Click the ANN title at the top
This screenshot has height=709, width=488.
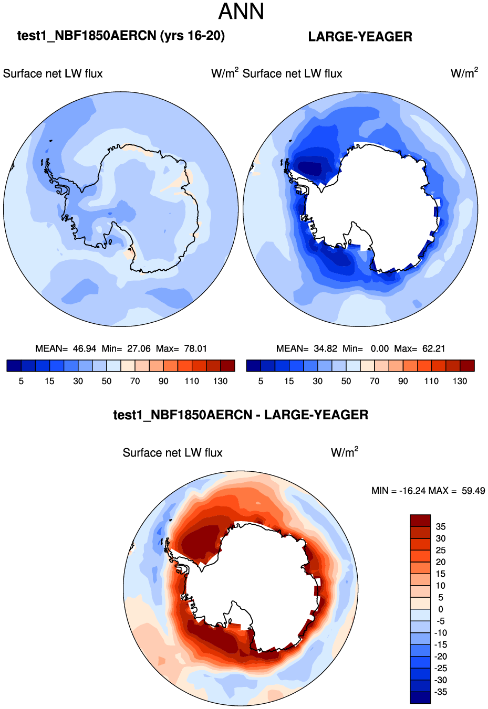[x=241, y=12]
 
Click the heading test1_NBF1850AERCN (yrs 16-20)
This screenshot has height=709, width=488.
[x=121, y=36]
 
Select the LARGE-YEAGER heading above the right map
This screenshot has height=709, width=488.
[x=360, y=37]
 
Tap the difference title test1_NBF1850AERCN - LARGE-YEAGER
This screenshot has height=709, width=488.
[x=241, y=415]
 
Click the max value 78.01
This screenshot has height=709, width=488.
[x=195, y=348]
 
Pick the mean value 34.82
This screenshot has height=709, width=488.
[x=324, y=348]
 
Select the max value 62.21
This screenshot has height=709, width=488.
[x=433, y=348]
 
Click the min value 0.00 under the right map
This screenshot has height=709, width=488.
[x=379, y=348]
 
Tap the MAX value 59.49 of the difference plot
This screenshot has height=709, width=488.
[x=473, y=491]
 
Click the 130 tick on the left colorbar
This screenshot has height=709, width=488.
[x=220, y=381]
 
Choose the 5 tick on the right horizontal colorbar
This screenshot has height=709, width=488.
[x=261, y=381]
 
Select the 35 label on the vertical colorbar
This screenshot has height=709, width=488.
[x=440, y=526]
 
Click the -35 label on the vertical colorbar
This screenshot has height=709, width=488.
[x=440, y=692]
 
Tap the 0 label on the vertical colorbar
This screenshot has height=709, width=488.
[x=440, y=609]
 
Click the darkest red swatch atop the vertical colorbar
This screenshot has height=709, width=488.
[x=420, y=520]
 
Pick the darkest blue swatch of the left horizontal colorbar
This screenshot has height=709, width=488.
[x=14, y=366]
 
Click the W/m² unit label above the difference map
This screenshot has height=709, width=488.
[x=345, y=452]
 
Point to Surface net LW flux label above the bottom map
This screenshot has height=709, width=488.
[x=172, y=453]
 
